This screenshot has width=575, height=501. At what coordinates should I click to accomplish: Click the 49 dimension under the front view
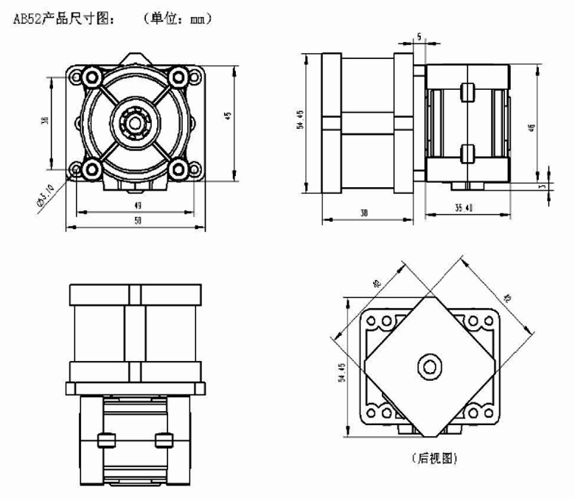coord(138,206)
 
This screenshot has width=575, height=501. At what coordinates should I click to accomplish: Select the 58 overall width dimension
coord(138,221)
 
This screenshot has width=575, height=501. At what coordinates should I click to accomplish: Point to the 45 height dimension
coord(228,116)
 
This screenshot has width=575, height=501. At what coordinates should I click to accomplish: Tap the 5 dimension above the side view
coord(418,36)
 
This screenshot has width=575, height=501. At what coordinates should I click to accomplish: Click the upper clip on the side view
coord(466,92)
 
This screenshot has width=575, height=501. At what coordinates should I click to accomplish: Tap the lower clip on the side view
coord(466,153)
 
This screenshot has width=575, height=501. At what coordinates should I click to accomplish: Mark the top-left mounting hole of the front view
coord(93,75)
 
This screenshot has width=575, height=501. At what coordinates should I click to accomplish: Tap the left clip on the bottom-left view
coord(105,440)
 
